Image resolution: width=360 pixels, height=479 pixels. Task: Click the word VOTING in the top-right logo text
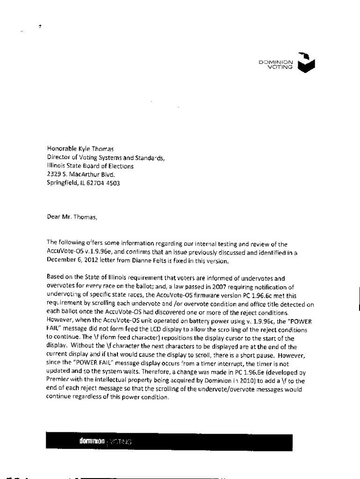point(280,67)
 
